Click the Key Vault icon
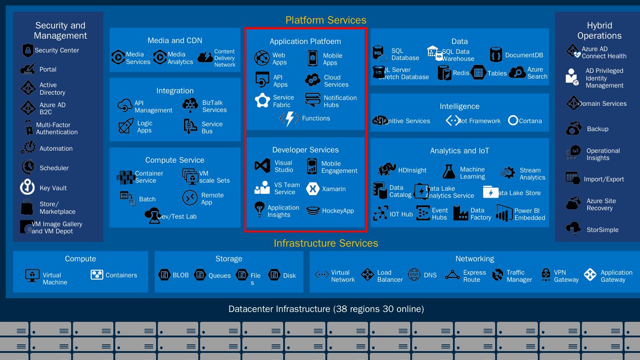pos(28,187)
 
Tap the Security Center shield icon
pos(28,50)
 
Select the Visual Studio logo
pos(262,166)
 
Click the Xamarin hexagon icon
pos(313,189)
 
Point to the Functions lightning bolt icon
pos(290,119)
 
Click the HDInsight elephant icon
pos(387,169)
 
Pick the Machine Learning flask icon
pos(449,172)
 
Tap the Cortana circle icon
pos(513,120)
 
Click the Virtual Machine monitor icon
pos(32,276)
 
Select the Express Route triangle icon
pos(452,276)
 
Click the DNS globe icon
pos(414,275)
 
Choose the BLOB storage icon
pos(164,275)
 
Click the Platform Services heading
pos(326,20)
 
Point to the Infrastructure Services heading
pos(326,243)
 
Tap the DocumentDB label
pos(524,55)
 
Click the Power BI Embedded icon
pos(504,214)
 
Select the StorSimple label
pos(602,230)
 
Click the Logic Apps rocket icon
pos(126,126)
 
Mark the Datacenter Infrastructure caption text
pos(326,309)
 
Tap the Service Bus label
pos(212,128)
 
